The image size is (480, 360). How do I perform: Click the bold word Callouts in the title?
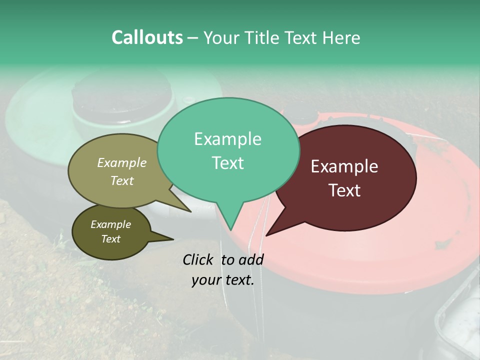147,37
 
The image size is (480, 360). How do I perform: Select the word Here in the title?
341,37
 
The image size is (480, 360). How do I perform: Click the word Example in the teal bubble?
227,139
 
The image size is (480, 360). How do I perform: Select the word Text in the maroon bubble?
345,190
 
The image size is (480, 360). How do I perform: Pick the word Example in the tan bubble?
121,162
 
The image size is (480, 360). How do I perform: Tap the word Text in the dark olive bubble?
111,239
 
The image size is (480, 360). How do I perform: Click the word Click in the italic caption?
199,259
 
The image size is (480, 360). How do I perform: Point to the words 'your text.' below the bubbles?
223,280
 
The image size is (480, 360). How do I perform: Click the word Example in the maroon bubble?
344,166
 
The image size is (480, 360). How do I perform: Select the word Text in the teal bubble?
228,163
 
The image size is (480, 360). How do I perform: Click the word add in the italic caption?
251,259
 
